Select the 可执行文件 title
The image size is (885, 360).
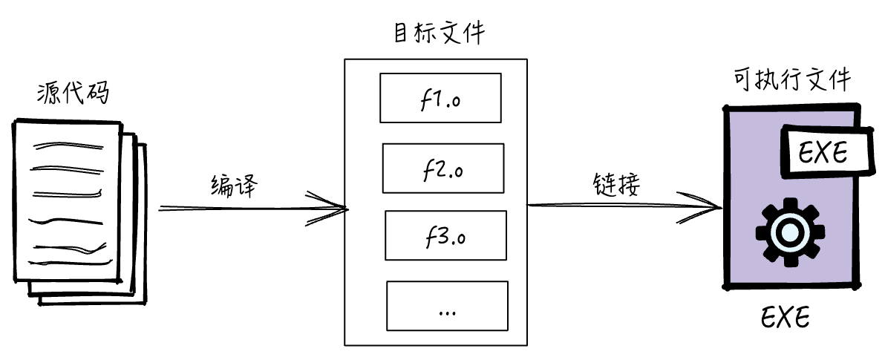pyautogui.click(x=791, y=80)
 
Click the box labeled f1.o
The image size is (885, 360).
pyautogui.click(x=440, y=97)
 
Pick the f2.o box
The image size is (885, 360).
pyautogui.click(x=442, y=168)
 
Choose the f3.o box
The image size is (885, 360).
pyautogui.click(x=445, y=235)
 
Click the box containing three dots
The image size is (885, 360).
pyautogui.click(x=447, y=306)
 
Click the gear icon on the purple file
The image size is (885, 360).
pyautogui.click(x=788, y=234)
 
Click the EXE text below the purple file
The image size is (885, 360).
pyautogui.click(x=785, y=319)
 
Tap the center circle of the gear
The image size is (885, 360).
pyautogui.click(x=788, y=234)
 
